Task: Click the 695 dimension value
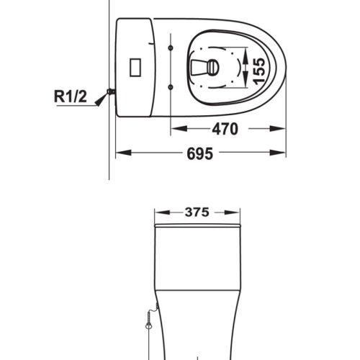tap(199, 153)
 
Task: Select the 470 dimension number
tap(225, 129)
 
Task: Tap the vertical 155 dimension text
tap(259, 71)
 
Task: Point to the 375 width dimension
tap(197, 212)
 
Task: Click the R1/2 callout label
tap(70, 96)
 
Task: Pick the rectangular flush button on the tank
tap(135, 67)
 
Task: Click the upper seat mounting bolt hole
tap(171, 48)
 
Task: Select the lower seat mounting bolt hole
tap(171, 87)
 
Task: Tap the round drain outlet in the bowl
tap(213, 68)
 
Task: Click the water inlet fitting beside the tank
tap(111, 91)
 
